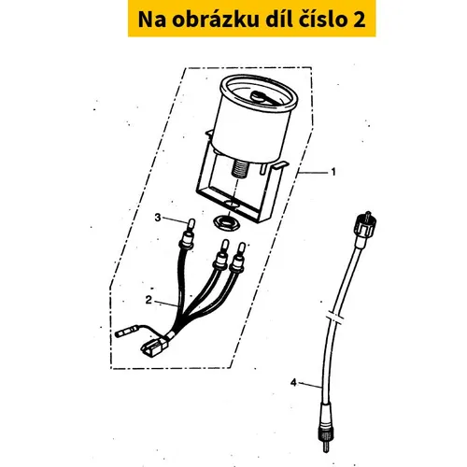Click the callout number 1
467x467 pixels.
(x=333, y=172)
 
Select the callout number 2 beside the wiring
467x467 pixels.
(x=149, y=300)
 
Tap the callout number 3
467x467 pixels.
(x=158, y=218)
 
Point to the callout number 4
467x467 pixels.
(x=293, y=383)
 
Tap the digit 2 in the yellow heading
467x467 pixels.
(x=360, y=20)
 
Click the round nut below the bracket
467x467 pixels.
(x=227, y=222)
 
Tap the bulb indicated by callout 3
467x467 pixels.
(x=191, y=224)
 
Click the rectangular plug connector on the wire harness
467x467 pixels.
(x=151, y=348)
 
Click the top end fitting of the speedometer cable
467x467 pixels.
(x=365, y=226)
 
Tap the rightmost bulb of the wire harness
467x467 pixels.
(x=241, y=249)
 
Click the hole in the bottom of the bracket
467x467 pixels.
(x=232, y=205)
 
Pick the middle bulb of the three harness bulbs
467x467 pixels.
(x=225, y=246)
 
